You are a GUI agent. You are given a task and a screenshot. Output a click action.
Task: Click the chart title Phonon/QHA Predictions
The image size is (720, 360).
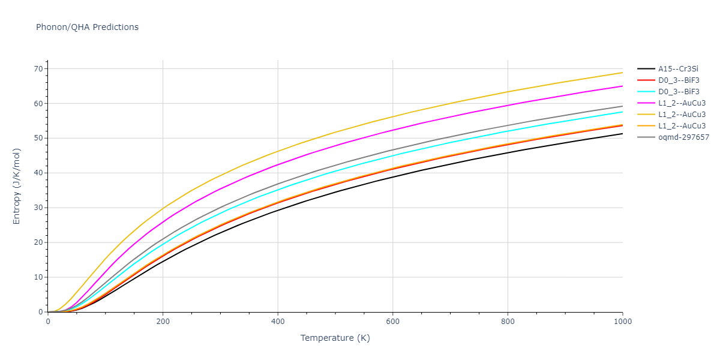coord(87,27)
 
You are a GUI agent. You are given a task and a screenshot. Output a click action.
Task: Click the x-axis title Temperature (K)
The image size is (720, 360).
coord(335,338)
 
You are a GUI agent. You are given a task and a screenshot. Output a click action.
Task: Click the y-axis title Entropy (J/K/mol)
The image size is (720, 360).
coord(17,186)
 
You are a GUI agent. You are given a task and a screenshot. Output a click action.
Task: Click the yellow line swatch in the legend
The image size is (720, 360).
coord(646,115)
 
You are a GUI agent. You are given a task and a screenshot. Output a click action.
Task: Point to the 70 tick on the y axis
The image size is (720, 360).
coord(39,69)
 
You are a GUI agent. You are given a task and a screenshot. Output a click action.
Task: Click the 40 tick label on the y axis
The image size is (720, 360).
coord(39,173)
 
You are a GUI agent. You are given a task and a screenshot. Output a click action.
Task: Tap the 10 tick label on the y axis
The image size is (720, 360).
coord(39,277)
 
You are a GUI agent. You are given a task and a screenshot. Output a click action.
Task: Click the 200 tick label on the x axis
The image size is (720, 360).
coord(163,322)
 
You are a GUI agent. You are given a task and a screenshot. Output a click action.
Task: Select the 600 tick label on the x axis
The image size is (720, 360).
coord(392,322)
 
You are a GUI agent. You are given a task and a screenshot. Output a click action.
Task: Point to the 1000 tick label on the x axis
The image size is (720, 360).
coord(622,322)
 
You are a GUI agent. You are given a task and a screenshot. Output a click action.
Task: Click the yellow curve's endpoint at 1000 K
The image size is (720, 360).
coord(622,73)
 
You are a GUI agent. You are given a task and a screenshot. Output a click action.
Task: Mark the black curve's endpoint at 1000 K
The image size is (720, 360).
coord(622,133)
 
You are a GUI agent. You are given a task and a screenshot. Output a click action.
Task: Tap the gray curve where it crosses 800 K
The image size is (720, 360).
coord(508,125)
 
